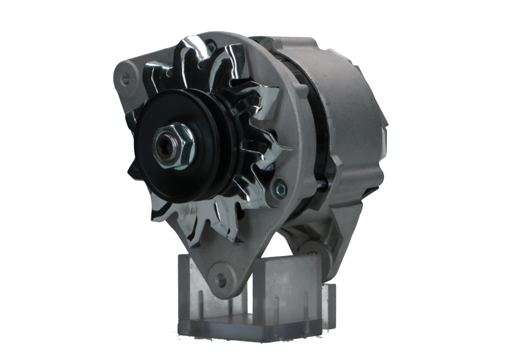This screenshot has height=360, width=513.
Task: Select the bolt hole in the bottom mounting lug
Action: point(222,279)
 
